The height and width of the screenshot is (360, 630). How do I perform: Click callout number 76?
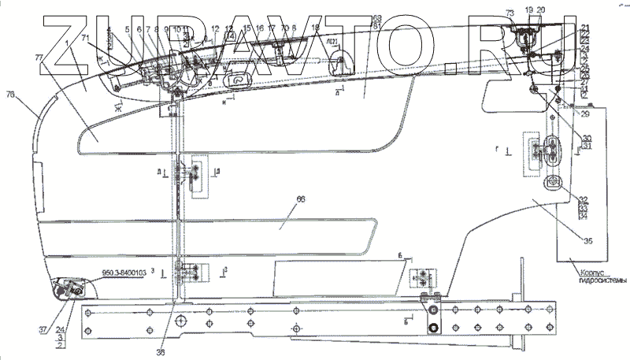click(10, 95)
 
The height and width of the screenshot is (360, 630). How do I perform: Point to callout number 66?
click(299, 202)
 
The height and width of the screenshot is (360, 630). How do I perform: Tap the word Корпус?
click(587, 270)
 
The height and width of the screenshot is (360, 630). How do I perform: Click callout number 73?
click(509, 14)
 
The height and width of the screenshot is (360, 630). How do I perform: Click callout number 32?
click(584, 200)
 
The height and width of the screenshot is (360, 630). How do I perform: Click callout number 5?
click(128, 29)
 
